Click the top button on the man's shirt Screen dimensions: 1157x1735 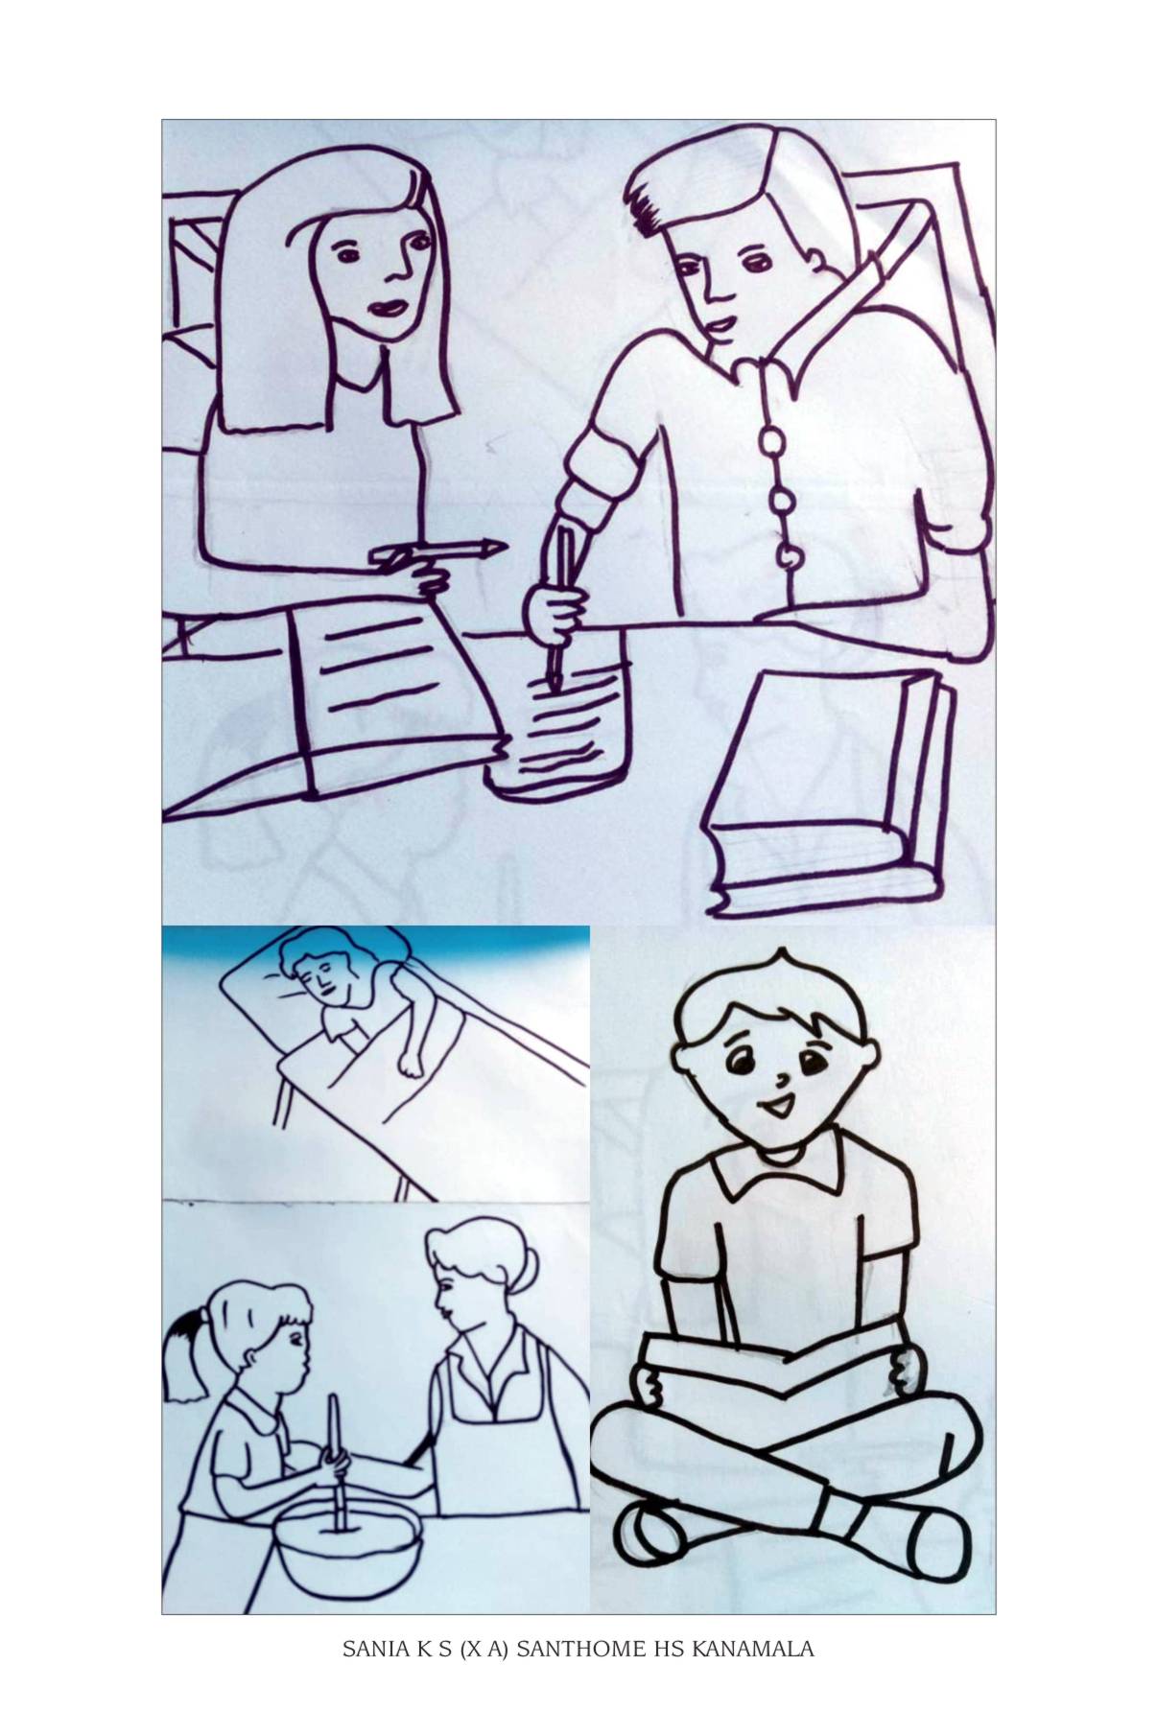coord(770,441)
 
